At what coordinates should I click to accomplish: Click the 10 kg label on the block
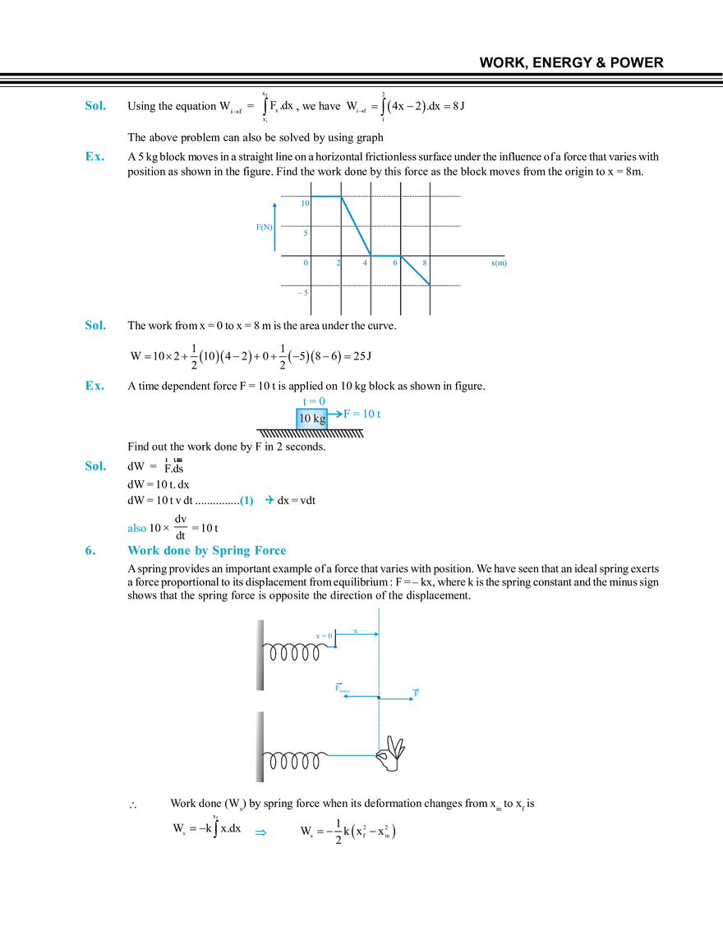click(x=311, y=418)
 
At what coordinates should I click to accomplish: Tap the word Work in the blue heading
click(x=140, y=552)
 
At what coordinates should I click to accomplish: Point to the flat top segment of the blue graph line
click(x=326, y=195)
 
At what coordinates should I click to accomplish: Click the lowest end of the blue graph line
click(x=429, y=283)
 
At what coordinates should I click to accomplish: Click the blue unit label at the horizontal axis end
click(x=500, y=264)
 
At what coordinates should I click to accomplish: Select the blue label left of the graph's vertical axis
click(x=263, y=227)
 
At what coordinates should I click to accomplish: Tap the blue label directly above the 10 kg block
click(x=311, y=400)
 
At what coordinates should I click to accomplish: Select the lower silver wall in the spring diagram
click(x=258, y=748)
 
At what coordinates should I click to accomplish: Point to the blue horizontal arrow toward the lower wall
click(x=352, y=753)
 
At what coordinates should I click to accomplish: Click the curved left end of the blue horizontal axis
click(x=336, y=688)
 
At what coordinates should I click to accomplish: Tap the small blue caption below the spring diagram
click(x=260, y=834)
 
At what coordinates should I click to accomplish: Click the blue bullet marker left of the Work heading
click(x=88, y=552)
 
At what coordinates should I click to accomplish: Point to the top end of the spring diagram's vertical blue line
click(x=380, y=609)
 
